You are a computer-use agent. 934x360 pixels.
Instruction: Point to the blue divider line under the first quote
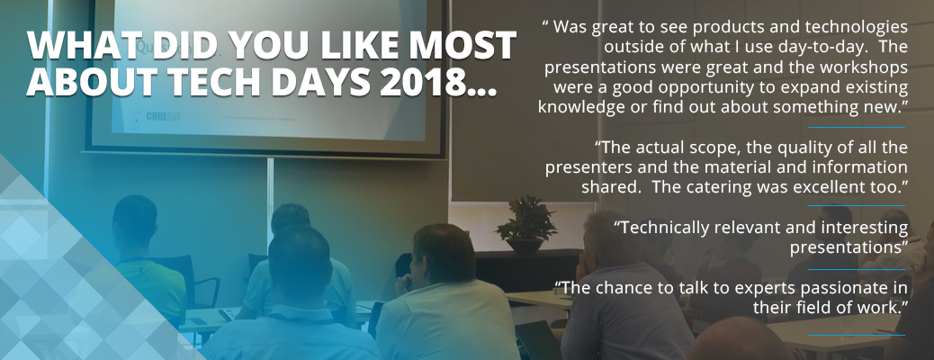coord(857,127)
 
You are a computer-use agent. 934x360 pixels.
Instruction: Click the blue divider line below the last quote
coord(857,335)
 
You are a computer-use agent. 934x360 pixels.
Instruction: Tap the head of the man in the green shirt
coord(135,218)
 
